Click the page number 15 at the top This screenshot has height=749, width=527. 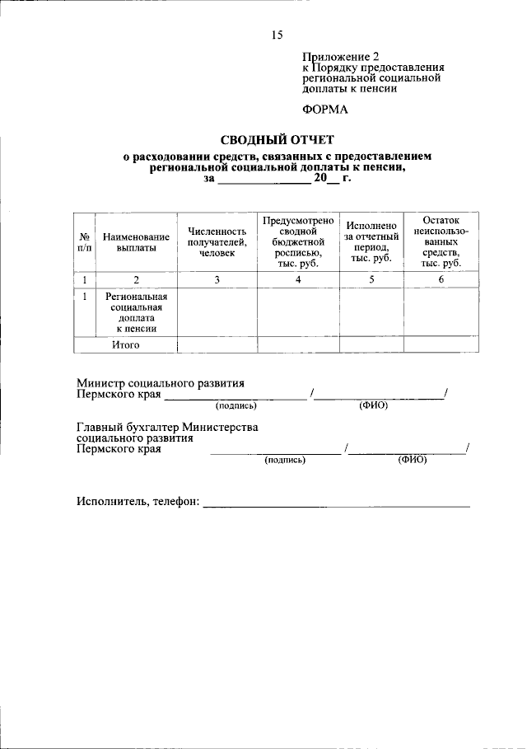click(277, 35)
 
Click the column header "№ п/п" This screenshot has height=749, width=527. click(85, 241)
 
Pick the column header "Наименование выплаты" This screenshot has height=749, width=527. click(136, 241)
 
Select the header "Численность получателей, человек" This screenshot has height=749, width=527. click(217, 241)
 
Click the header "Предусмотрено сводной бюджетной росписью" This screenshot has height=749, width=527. click(297, 241)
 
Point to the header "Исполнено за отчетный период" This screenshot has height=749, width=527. click(371, 241)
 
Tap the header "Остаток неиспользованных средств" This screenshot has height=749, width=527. click(441, 241)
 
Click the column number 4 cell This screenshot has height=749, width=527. click(298, 280)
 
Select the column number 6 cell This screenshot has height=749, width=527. click(441, 280)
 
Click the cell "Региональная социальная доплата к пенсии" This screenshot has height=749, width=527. click(136, 312)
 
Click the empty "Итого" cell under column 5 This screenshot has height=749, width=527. click(371, 344)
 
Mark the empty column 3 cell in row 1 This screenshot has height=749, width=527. click(217, 312)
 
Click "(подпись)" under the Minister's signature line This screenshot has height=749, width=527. click(236, 406)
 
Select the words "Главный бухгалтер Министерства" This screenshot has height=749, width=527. click(167, 427)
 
